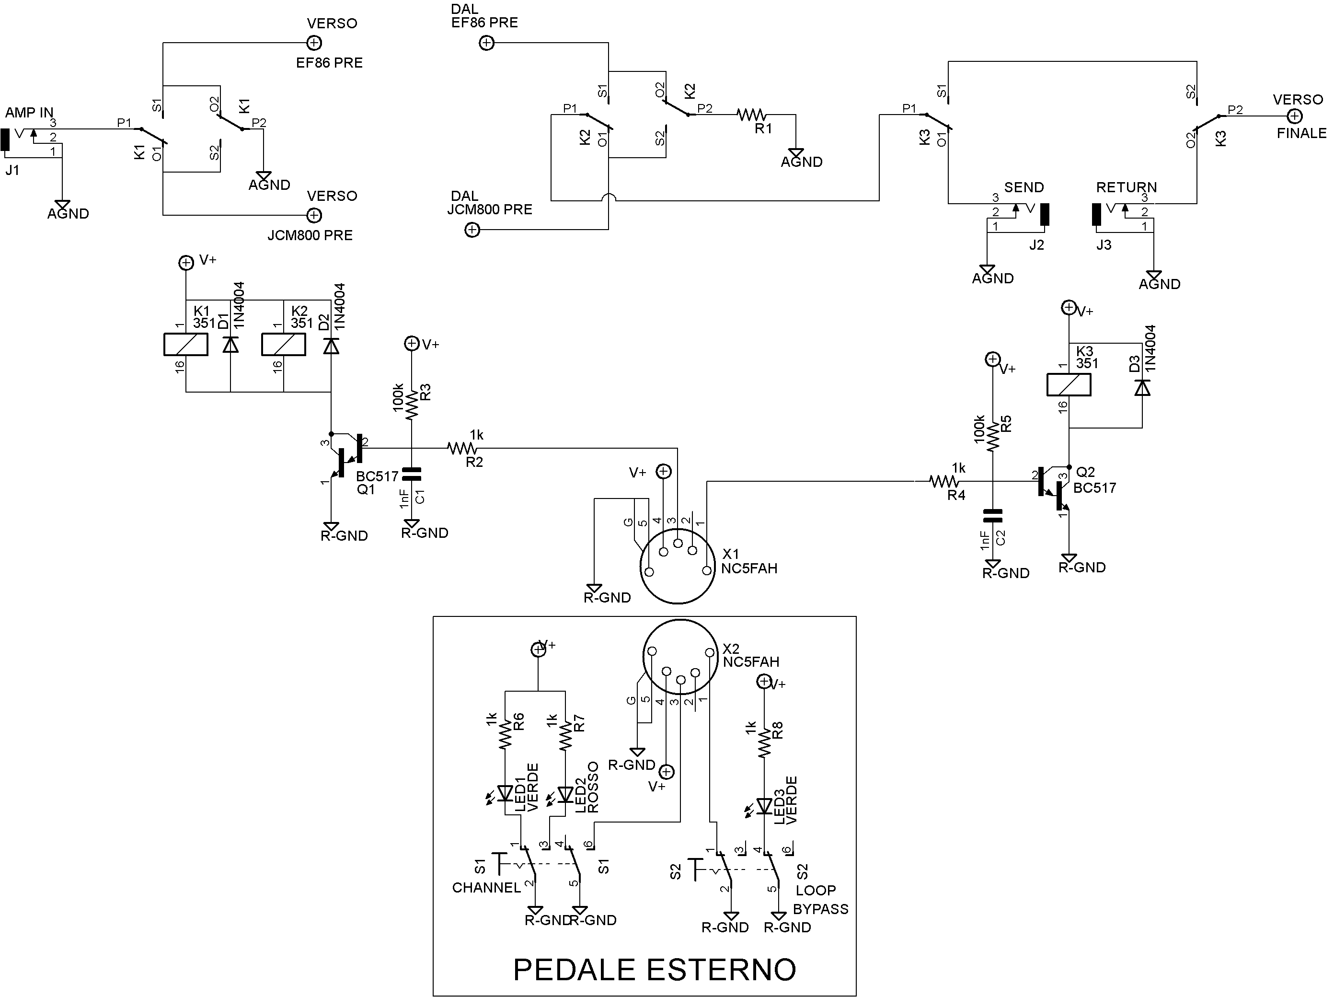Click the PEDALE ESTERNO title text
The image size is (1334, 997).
[x=655, y=969]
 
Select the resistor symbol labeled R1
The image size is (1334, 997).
[x=751, y=115]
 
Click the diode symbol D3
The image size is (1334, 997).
[x=1142, y=387]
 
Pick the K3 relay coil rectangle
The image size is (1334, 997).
[x=1068, y=385]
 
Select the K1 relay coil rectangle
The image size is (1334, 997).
[x=186, y=344]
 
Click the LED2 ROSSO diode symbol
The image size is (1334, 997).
[x=565, y=794]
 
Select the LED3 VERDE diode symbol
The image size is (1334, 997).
[x=764, y=806]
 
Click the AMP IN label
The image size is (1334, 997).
[x=29, y=113]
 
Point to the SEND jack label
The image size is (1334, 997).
[x=1023, y=187]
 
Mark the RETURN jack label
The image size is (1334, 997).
[x=1126, y=187]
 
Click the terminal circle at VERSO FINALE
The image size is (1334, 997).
[x=1294, y=116]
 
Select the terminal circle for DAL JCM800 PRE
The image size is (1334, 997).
[x=472, y=229]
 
